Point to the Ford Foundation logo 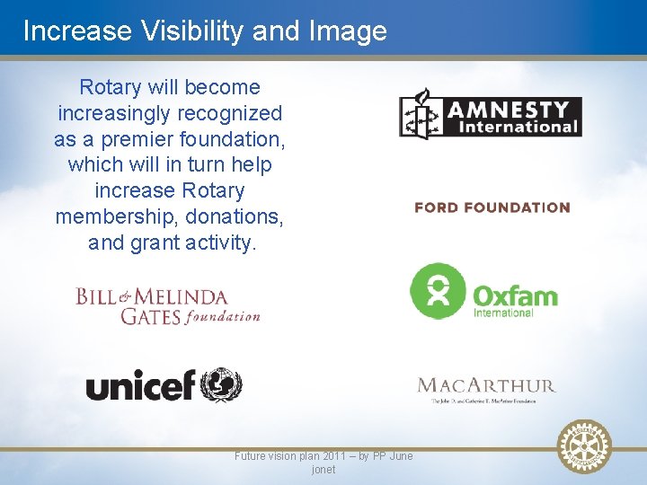tap(492, 207)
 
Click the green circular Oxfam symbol tap(437, 291)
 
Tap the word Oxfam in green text tap(515, 295)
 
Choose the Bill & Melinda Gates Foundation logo tap(168, 305)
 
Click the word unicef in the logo tap(139, 387)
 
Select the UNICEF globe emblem tap(220, 385)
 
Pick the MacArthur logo tap(486, 389)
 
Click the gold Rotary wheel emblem tap(584, 446)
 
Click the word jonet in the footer tap(323, 470)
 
